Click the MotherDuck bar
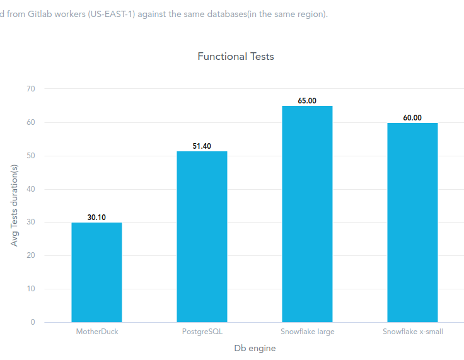pos(96,272)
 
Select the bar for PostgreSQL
pos(202,237)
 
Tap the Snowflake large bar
pos(307,214)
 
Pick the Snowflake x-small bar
pos(412,223)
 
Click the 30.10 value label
pos(96,218)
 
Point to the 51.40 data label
pos(202,146)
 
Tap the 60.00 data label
pos(412,118)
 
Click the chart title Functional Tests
pos(236,56)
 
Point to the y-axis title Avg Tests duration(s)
pos(14,205)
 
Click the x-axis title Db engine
pos(255,348)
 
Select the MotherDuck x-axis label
pos(97,332)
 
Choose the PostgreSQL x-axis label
pos(202,332)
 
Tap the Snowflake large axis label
pos(308,332)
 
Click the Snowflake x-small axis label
pos(413,332)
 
